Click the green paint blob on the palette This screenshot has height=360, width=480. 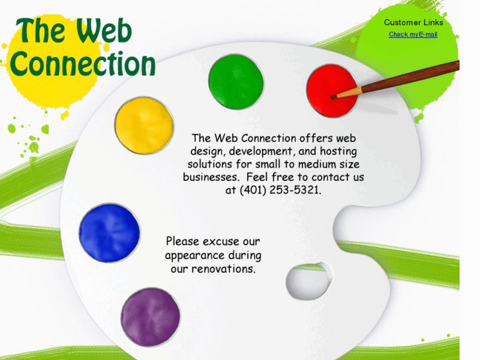[236, 82]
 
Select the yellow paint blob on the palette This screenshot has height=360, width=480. [144, 126]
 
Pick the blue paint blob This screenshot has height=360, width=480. [109, 233]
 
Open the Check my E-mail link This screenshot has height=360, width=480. [413, 34]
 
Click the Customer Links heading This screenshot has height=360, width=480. [413, 22]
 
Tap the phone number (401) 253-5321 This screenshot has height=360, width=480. [281, 190]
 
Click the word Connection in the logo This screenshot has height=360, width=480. [83, 65]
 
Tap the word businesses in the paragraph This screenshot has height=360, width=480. [210, 178]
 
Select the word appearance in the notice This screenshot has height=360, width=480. [195, 256]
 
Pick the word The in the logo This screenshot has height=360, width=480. [41, 31]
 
